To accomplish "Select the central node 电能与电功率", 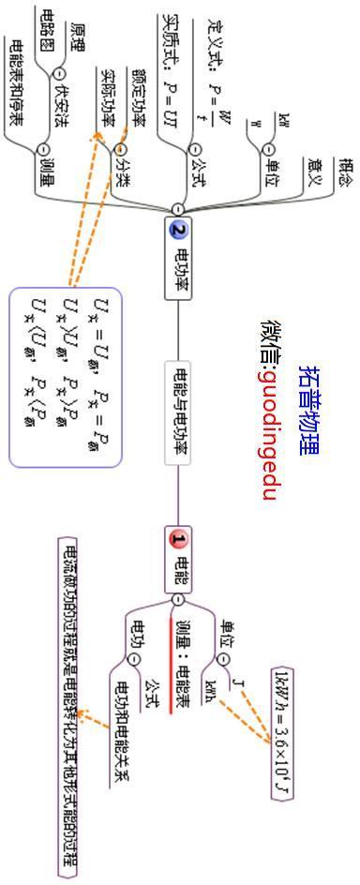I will click(x=178, y=412).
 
